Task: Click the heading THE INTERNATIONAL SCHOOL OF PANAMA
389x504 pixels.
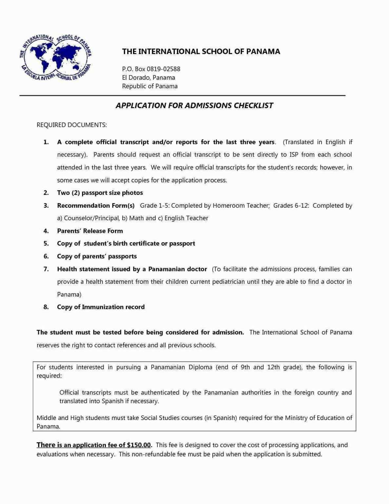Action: pyautogui.click(x=201, y=52)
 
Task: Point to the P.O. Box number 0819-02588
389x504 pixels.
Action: pyautogui.click(x=163, y=69)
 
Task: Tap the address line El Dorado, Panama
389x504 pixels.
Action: pyautogui.click(x=148, y=78)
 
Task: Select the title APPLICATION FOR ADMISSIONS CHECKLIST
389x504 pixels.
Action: pyautogui.click(x=194, y=106)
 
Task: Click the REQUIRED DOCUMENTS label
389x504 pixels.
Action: pyautogui.click(x=71, y=125)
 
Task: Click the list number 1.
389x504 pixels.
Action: pyautogui.click(x=46, y=142)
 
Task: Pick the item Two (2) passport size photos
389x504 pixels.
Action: pyautogui.click(x=100, y=193)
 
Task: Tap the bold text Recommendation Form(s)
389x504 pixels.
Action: pyautogui.click(x=96, y=206)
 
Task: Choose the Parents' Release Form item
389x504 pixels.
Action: pyautogui.click(x=90, y=231)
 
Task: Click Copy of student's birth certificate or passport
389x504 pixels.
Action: pyautogui.click(x=126, y=243)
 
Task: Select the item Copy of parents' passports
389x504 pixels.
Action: pyautogui.click(x=97, y=256)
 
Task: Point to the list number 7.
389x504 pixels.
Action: pyautogui.click(x=46, y=269)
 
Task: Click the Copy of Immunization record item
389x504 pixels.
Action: pyautogui.click(x=101, y=307)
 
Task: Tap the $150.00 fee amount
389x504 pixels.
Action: pyautogui.click(x=139, y=445)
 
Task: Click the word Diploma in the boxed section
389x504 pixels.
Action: pyautogui.click(x=200, y=367)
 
